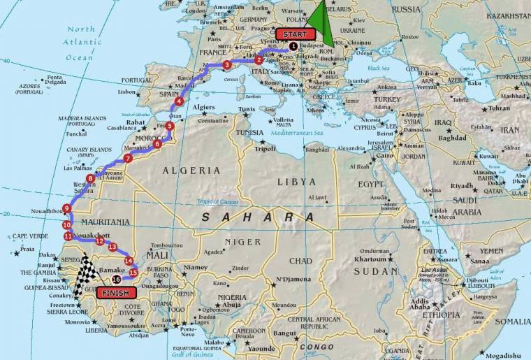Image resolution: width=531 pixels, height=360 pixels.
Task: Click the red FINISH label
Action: [x=116, y=293]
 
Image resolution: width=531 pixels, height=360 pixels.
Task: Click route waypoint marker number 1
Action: [x=293, y=46]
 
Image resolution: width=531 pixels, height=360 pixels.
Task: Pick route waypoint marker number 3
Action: [x=226, y=65]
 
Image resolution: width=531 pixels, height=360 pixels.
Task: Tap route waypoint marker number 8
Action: [x=91, y=178]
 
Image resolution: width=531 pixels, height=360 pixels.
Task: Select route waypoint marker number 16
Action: [x=116, y=279]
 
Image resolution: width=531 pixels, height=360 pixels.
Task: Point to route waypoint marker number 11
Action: [x=68, y=236]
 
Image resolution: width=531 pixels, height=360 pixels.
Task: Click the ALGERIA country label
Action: [x=191, y=170]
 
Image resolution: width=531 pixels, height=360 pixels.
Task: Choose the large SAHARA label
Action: [x=259, y=217]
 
